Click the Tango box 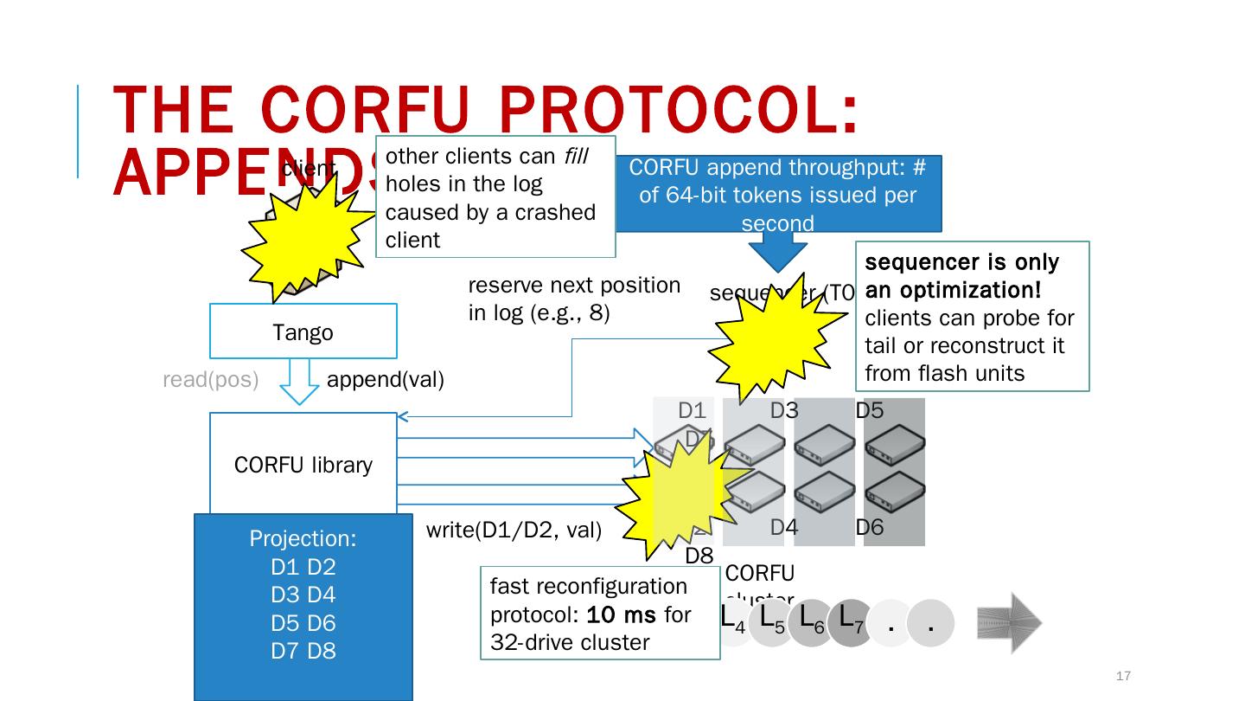(303, 331)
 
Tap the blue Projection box (303, 606)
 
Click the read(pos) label (211, 380)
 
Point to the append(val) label (386, 380)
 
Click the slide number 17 (1124, 676)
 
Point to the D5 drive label (870, 411)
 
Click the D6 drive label (870, 527)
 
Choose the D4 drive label (783, 527)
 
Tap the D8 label (699, 556)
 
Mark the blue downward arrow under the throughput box (777, 252)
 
